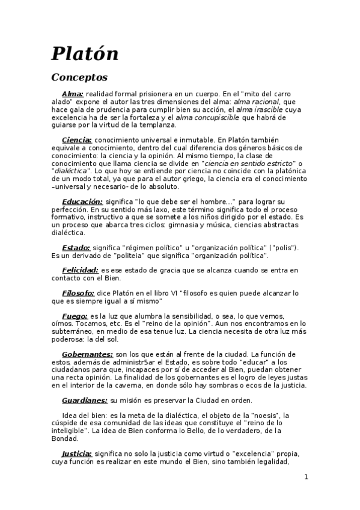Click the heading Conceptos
[79, 77]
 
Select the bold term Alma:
[73, 94]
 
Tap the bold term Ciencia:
[77, 140]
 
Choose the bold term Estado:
[76, 247]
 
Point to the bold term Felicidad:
[81, 270]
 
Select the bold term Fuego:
[75, 316]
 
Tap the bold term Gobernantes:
[87, 354]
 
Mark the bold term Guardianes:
[85, 400]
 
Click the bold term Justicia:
[77, 453]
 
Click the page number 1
[306, 477]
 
